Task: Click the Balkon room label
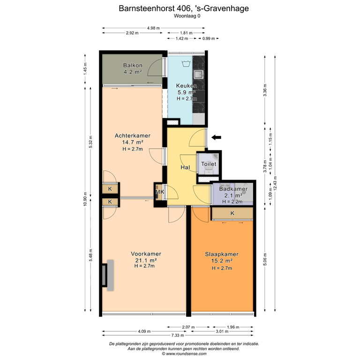click(x=133, y=65)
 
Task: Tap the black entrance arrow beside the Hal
click(x=216, y=137)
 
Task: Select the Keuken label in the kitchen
click(x=187, y=86)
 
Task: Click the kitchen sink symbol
click(x=198, y=75)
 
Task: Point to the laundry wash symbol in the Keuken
click(x=186, y=64)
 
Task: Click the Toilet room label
click(x=209, y=164)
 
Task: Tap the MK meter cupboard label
click(x=160, y=192)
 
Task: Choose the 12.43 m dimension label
click(x=275, y=183)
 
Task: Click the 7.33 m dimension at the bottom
click(x=178, y=335)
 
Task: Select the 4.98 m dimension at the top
click(x=153, y=28)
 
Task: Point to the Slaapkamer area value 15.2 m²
click(x=222, y=261)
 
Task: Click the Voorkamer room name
click(x=146, y=254)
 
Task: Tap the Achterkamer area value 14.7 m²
click(x=133, y=142)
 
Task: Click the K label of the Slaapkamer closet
click(x=232, y=213)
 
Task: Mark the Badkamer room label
click(x=233, y=189)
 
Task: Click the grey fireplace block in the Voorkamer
click(x=111, y=276)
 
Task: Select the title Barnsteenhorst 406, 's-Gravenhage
click(x=184, y=8)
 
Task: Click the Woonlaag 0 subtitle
click(x=187, y=16)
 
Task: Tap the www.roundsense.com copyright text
click(x=184, y=354)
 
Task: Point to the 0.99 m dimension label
click(x=209, y=38)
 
